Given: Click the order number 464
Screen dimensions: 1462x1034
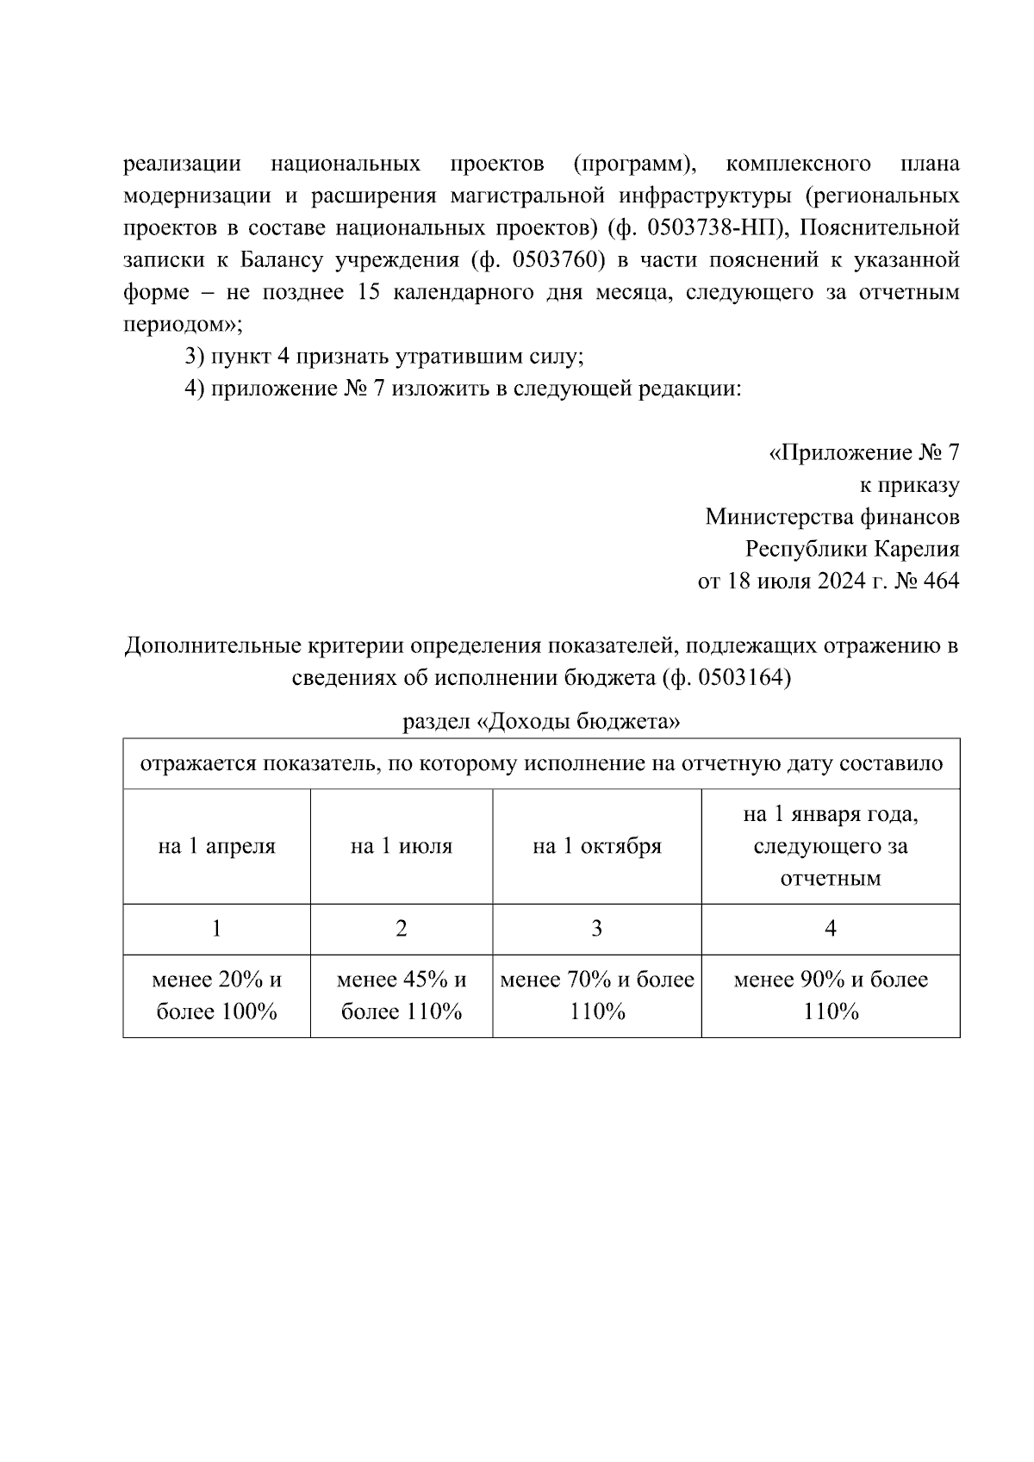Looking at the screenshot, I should tap(939, 582).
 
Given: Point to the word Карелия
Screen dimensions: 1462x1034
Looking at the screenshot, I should tap(918, 550).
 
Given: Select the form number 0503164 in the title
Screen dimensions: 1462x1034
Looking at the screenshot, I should tap(739, 678).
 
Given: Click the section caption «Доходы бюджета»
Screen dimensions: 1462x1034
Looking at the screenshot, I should tap(578, 721).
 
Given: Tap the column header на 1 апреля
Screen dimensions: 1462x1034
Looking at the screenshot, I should tap(216, 846).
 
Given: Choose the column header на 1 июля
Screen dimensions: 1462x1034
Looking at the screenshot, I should tap(401, 846).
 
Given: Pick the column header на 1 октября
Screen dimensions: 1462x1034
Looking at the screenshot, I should tap(596, 846).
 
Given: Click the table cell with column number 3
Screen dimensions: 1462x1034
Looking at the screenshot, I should tap(596, 929).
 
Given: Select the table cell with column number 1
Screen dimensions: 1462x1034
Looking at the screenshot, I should tap(216, 929).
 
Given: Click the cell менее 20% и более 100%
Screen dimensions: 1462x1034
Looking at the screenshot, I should tap(216, 995).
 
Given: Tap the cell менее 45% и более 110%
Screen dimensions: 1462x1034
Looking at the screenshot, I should tap(401, 995).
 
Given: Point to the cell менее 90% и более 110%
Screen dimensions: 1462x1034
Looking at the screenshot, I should tap(830, 995).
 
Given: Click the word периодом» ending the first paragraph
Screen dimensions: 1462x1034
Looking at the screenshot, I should tap(183, 325).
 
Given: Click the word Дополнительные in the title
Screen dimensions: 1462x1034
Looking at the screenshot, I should tap(212, 646).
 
